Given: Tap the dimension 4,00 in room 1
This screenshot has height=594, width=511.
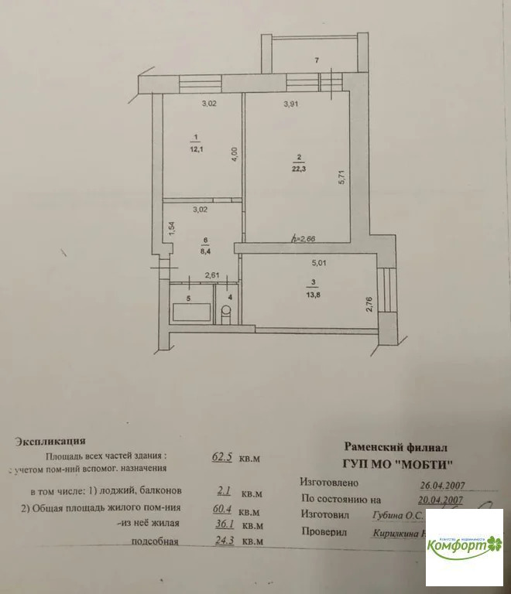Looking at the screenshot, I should [234, 154].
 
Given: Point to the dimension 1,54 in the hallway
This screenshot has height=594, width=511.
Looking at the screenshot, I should [172, 230].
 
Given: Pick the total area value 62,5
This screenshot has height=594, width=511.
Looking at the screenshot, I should [224, 457].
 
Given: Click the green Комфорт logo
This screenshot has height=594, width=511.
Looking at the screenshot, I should [464, 544].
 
